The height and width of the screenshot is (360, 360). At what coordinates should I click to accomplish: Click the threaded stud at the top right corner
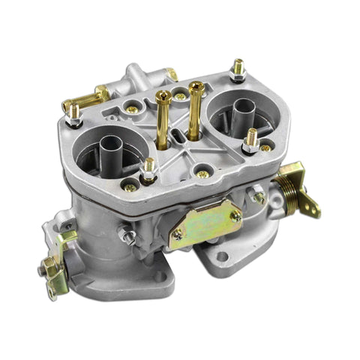point(238,69)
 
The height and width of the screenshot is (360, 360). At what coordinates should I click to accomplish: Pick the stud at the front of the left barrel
point(148,169)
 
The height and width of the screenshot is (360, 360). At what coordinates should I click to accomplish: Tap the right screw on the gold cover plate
point(234,216)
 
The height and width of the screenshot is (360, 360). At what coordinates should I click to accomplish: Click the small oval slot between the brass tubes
point(175,136)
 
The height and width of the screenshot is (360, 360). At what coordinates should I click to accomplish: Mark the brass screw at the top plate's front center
point(202,174)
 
